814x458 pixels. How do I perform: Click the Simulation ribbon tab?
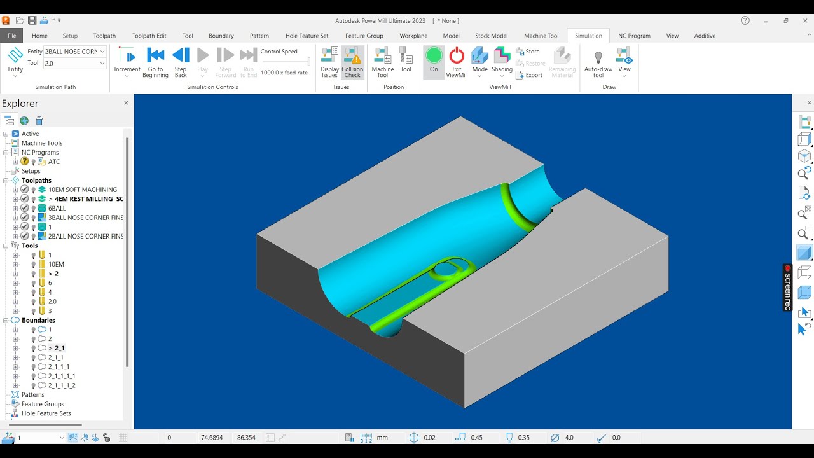coord(588,36)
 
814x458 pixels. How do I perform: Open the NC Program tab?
coord(634,36)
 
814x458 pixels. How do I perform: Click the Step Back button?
coord(181,62)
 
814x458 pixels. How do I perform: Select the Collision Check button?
coord(352,62)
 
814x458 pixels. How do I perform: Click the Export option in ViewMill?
coord(530,75)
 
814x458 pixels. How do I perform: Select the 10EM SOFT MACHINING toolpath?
coord(83,190)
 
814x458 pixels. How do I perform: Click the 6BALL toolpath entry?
coord(57,208)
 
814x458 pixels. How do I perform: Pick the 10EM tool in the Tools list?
coord(56,264)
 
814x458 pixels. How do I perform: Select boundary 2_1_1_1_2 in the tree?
coord(62,385)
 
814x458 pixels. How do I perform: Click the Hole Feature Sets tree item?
coord(46,413)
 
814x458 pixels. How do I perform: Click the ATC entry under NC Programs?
coord(54,162)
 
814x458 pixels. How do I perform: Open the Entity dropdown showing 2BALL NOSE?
coord(102,52)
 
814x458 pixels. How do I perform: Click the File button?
coord(11,36)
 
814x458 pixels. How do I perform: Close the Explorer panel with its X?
coord(126,103)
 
